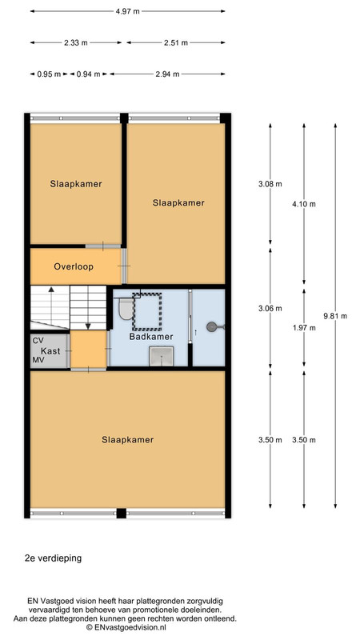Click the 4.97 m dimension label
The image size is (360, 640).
coord(127,11)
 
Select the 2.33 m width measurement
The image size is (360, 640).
coord(75,43)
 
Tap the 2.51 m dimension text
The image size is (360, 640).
coord(176,43)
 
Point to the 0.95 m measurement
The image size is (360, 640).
coord(49,74)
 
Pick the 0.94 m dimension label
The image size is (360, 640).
coord(88,74)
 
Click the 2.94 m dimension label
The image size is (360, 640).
coord(167,74)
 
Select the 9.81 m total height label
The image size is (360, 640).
coord(335,316)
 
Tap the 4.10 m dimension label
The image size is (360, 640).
coord(304,205)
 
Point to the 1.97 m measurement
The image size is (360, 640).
coord(304,328)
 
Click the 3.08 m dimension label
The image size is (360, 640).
coord(270,184)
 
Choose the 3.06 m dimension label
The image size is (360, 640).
coord(270,309)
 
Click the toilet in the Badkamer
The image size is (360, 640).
coord(126,309)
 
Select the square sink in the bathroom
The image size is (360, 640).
coord(162,356)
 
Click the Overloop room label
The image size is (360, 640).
coord(74,267)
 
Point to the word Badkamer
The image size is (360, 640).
coord(151,337)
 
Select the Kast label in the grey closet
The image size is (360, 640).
coord(50,351)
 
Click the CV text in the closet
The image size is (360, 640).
coord(38,341)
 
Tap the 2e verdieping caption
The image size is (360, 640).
coord(53,558)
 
